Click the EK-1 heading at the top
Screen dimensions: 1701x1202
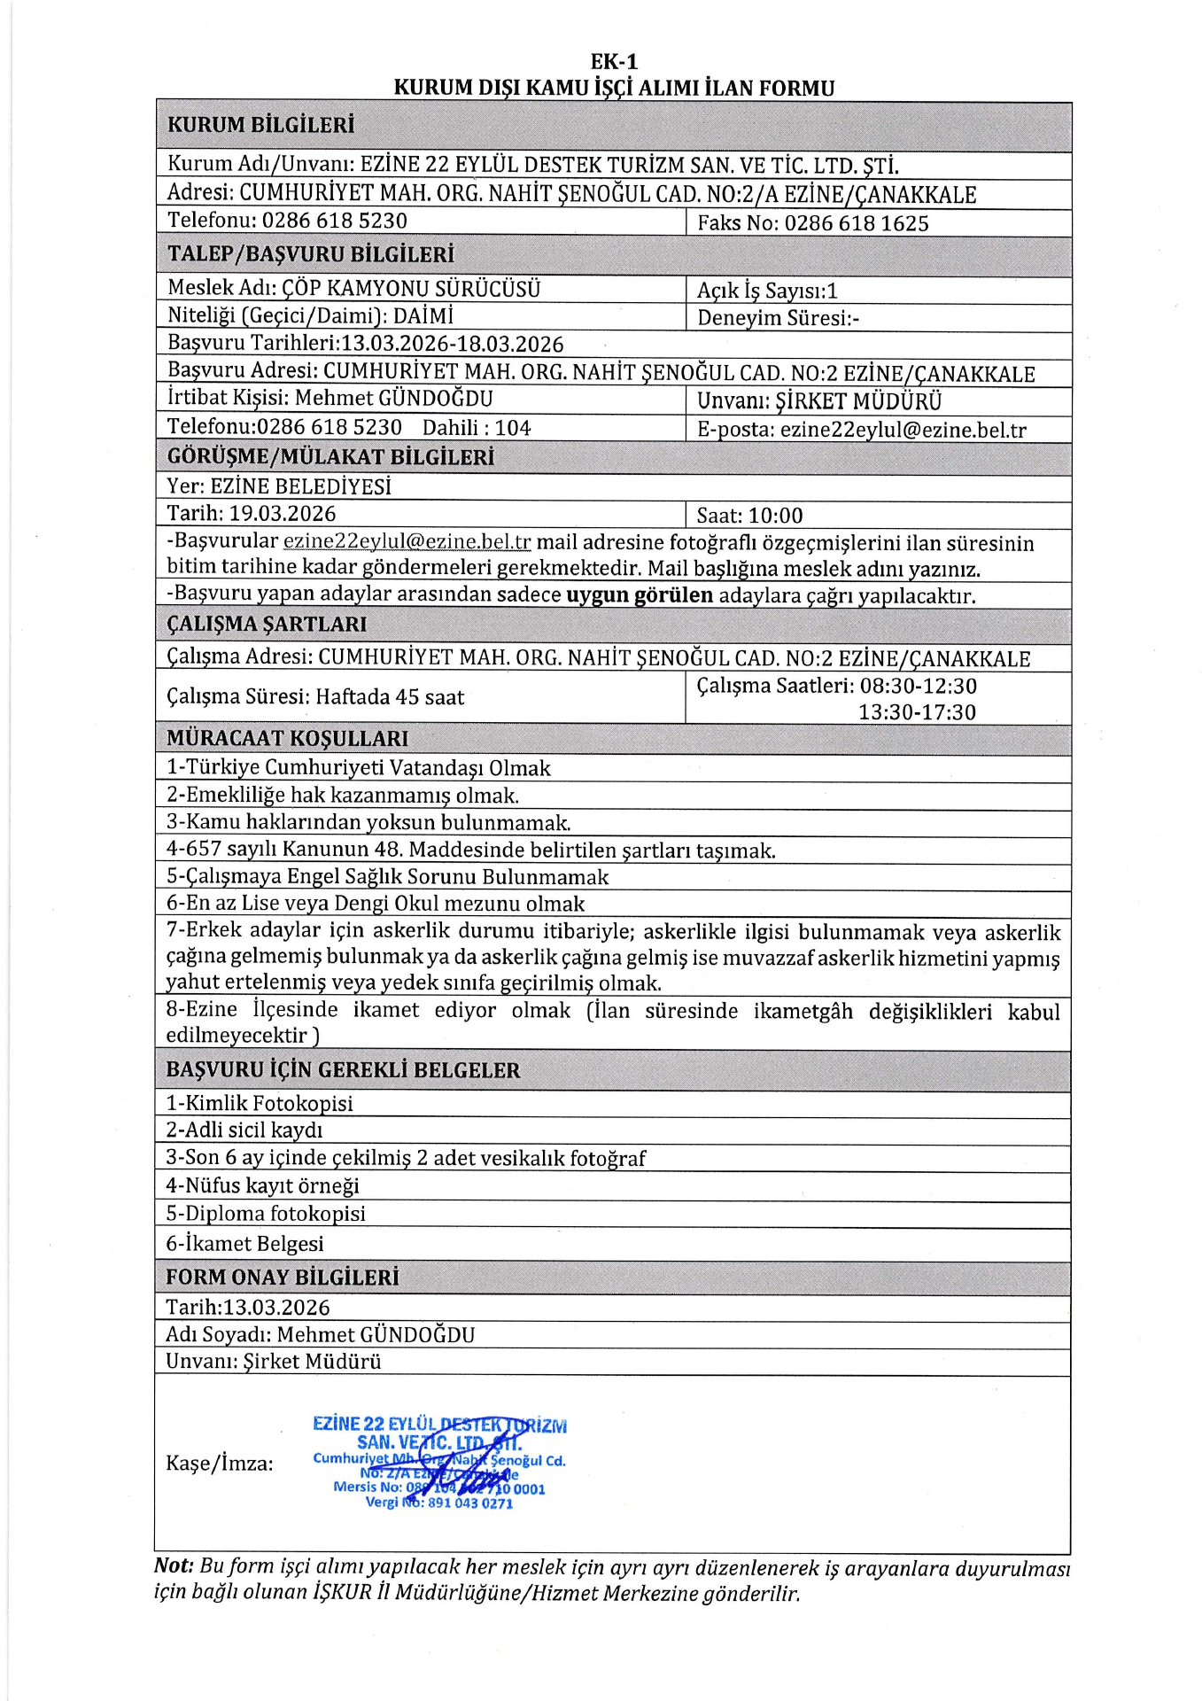[614, 61]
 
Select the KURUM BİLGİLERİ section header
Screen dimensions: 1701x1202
[260, 125]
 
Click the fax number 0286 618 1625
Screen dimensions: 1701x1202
[856, 223]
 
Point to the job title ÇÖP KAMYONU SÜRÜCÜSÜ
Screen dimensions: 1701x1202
[410, 289]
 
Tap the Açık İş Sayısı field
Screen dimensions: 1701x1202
[767, 291]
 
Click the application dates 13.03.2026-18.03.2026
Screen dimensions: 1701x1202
[453, 345]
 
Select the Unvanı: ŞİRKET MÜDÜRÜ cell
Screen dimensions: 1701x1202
[819, 401]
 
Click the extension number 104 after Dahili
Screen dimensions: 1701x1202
[513, 428]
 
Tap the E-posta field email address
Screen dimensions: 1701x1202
[903, 431]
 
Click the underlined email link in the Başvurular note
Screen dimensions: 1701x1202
[407, 541]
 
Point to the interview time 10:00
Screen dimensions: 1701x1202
[775, 516]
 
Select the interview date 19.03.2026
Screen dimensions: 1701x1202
[283, 514]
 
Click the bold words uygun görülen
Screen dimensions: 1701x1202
[640, 595]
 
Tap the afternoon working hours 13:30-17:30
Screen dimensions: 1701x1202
[917, 712]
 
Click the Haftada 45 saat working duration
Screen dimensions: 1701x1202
[390, 697]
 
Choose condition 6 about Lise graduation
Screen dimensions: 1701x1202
[376, 904]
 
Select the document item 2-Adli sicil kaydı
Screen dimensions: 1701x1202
[244, 1130]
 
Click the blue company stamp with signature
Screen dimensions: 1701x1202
[439, 1463]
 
